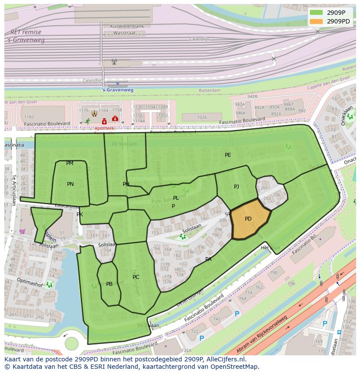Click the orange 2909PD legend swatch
[x=317, y=21]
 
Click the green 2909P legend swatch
[x=317, y=12]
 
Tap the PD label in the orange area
[x=248, y=219]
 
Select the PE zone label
[x=228, y=155]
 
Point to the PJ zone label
[x=237, y=187]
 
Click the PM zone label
[x=70, y=163]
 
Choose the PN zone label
[x=70, y=184]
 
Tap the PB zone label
[x=109, y=284]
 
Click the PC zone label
[x=136, y=277]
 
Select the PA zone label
[x=208, y=259]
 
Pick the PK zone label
[x=80, y=215]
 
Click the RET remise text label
[x=26, y=32]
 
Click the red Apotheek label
[x=104, y=129]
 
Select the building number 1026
[x=202, y=117]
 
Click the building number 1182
[x=29, y=117]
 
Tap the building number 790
[x=273, y=273]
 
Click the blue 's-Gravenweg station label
[x=117, y=90]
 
